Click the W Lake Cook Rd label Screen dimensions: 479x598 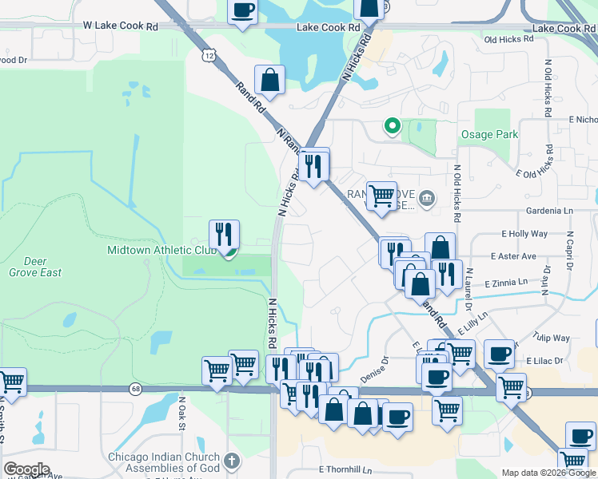coord(120,26)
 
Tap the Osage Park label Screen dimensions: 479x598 coord(489,135)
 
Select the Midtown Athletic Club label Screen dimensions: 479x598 coord(162,250)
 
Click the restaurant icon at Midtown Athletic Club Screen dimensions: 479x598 coord(225,235)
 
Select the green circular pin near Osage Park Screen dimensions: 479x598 coord(392,125)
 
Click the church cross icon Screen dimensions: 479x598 coord(231,460)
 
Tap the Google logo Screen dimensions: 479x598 coord(26,469)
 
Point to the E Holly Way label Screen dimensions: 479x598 coord(524,234)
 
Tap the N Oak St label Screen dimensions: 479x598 coord(182,414)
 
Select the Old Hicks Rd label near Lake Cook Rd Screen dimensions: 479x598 coord(508,39)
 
